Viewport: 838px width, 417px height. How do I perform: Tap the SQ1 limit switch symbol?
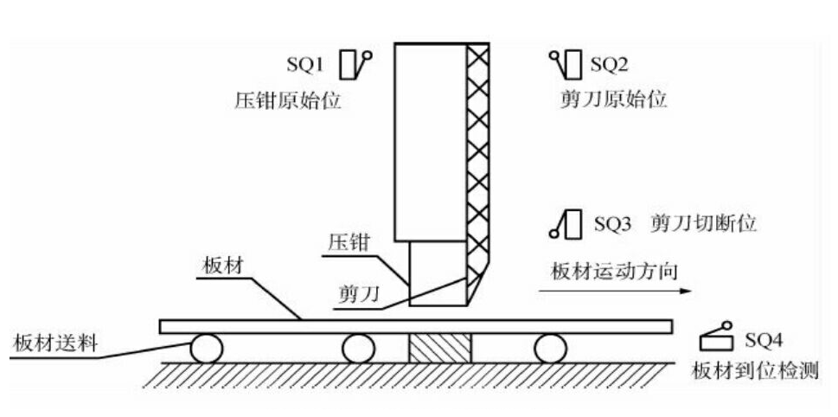coord(355,64)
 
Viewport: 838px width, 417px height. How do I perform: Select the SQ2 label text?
coord(609,64)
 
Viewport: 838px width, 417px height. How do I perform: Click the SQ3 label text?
coord(613,224)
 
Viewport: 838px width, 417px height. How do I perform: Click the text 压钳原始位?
coord(288,100)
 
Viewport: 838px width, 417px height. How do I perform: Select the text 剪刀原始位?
coord(614,99)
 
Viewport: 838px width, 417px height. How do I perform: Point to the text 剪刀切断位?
coord(702,224)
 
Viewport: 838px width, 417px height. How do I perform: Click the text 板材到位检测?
coord(755,372)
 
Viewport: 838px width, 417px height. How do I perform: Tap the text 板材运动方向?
coord(614,271)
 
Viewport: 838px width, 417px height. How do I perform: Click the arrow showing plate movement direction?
coord(615,292)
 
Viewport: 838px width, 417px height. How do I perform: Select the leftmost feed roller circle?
coord(206,349)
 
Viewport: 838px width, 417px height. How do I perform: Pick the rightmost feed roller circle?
coord(549,349)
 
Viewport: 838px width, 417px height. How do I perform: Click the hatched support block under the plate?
coord(439,349)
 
